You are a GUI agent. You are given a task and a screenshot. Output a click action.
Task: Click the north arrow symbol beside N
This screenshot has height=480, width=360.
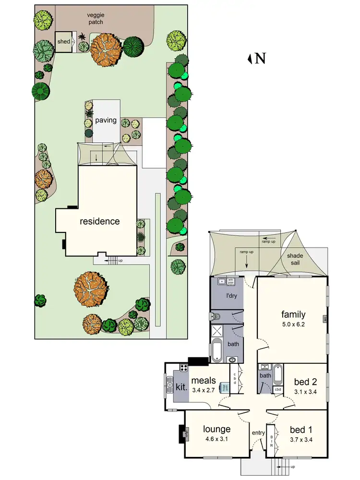(x=250, y=59)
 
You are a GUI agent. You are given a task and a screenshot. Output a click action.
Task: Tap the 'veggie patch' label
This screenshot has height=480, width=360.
(x=96, y=18)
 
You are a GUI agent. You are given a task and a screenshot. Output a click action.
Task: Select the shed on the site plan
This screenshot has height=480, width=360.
(x=63, y=42)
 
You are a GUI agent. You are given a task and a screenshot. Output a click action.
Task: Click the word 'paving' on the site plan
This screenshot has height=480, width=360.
(x=106, y=120)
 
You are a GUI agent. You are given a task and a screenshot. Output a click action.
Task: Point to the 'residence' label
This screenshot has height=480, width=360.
(x=99, y=221)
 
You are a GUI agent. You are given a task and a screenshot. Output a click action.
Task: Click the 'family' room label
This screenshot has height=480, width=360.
(x=293, y=315)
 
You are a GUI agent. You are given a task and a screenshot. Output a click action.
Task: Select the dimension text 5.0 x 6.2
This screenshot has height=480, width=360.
(x=293, y=324)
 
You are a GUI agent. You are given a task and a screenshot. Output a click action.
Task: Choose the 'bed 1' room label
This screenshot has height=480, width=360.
(x=301, y=430)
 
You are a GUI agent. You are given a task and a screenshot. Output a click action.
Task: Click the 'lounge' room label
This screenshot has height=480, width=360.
(x=216, y=429)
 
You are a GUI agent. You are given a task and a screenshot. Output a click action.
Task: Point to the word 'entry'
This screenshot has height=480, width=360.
(x=258, y=433)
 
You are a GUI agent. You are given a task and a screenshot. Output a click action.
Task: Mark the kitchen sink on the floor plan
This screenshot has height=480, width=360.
(x=170, y=384)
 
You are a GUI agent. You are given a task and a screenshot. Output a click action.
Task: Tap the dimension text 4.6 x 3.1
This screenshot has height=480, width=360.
(x=216, y=439)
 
